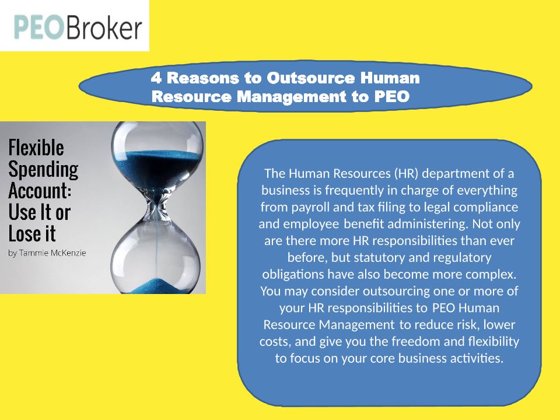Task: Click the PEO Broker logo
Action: click(x=78, y=27)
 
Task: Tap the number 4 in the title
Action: click(x=156, y=78)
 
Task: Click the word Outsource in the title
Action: click(x=311, y=78)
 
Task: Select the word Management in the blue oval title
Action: click(x=292, y=96)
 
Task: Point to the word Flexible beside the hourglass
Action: click(x=36, y=148)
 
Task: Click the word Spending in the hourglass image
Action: click(x=43, y=170)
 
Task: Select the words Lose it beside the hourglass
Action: click(x=32, y=234)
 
